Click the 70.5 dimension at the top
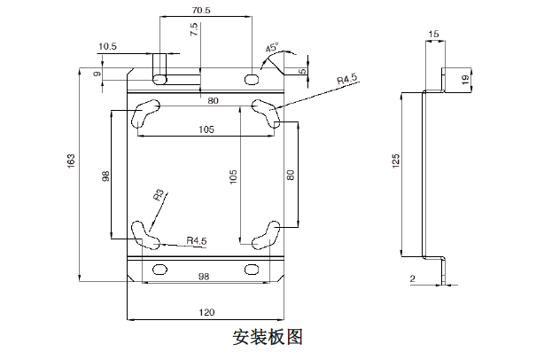(201, 11)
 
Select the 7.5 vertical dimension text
(194, 29)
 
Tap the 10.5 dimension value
(108, 46)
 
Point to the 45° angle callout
(272, 47)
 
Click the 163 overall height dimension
(71, 160)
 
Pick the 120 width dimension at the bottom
(206, 312)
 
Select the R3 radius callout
(159, 195)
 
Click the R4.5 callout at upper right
(347, 79)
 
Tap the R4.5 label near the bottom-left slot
(197, 241)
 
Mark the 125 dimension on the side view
(396, 161)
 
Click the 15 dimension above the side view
(434, 35)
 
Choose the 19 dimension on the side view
(465, 80)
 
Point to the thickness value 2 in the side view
(413, 279)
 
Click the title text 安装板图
(268, 337)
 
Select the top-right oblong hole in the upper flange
(252, 79)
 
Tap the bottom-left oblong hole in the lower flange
(159, 270)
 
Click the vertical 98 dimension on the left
(105, 176)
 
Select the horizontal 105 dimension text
(206, 129)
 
